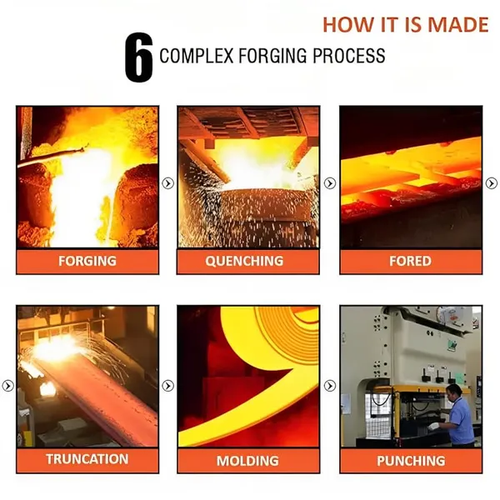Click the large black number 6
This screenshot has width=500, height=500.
coord(138,57)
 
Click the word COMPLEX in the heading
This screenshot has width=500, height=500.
coord(197,56)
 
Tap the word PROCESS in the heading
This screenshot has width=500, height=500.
coord(349,56)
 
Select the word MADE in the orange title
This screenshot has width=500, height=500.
coord(457,24)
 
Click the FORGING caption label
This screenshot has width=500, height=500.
coord(87,261)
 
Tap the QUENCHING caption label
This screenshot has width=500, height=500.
coord(244,261)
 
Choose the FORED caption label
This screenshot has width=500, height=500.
coord(410,261)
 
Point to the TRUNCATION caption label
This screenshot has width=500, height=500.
coord(87,459)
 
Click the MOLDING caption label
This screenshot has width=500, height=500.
coord(247,461)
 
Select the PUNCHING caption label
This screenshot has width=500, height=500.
coord(411,461)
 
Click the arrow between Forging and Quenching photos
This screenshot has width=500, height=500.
coord(168,183)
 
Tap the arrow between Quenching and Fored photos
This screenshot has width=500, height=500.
coord(330,183)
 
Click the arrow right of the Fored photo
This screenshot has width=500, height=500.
coord(492,183)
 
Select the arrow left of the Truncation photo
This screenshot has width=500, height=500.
coord(8,386)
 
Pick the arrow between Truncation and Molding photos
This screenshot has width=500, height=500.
coord(168,386)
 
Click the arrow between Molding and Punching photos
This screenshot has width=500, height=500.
coord(330,386)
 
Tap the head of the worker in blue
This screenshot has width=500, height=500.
coord(454,392)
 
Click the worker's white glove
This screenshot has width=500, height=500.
coord(433,426)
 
